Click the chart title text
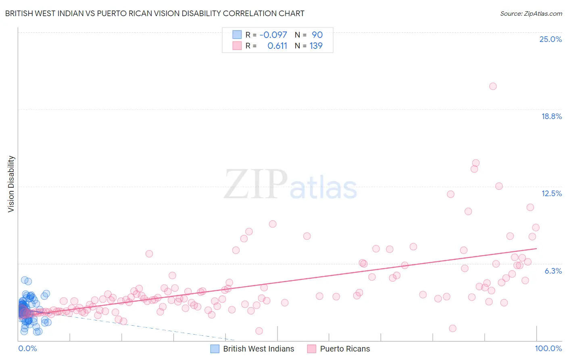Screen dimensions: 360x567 [x=154, y=13]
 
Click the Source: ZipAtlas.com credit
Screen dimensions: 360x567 [x=531, y=13]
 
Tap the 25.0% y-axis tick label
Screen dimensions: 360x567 [x=550, y=39]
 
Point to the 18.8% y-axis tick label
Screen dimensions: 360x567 [x=551, y=116]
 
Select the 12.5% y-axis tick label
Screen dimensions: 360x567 [x=551, y=193]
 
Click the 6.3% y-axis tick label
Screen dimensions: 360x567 [x=553, y=271]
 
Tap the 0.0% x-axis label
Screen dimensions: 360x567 [x=27, y=348]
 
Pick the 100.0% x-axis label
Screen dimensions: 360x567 [x=548, y=348]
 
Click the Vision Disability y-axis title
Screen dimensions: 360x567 [x=11, y=184]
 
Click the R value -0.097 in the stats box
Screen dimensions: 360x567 [x=273, y=35]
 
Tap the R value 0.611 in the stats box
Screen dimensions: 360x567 [x=277, y=46]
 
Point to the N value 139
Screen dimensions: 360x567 [x=316, y=46]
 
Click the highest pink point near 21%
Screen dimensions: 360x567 [x=493, y=86]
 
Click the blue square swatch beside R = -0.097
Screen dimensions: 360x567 [x=237, y=35]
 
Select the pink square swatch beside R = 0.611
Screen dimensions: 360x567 [x=237, y=46]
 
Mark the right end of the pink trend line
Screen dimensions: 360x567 [x=536, y=248]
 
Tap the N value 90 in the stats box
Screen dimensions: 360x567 [x=317, y=35]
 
